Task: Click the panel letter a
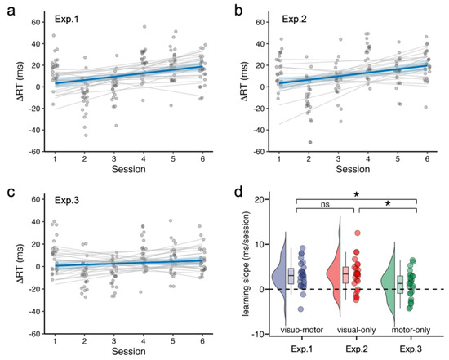[11, 12]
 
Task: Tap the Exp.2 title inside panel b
[295, 19]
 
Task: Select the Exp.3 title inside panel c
[67, 200]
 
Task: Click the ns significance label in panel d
[325, 204]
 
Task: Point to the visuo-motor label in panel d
[302, 330]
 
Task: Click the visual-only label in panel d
[356, 330]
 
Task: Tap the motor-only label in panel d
[411, 330]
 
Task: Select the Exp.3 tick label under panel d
[411, 349]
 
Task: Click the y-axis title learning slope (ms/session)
[246, 264]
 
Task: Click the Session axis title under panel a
[128, 169]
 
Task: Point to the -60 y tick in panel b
[259, 152]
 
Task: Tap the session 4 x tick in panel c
[144, 341]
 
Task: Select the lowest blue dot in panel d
[300, 309]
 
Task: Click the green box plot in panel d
[400, 284]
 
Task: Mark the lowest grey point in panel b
[310, 142]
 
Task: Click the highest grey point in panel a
[144, 27]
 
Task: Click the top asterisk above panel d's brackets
[357, 195]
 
